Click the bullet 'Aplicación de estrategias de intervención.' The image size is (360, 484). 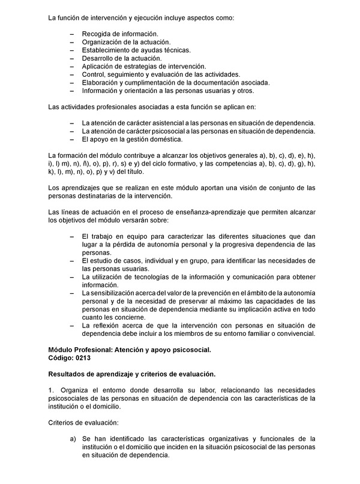click(x=144, y=67)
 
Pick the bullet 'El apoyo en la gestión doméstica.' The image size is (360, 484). click(x=131, y=140)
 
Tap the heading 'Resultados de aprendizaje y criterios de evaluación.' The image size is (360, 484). click(x=131, y=374)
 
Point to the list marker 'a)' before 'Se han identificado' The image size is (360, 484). click(x=73, y=440)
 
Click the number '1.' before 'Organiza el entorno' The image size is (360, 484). click(x=51, y=390)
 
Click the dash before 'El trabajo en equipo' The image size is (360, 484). click(x=72, y=237)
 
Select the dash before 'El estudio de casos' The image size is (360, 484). click(x=72, y=261)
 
